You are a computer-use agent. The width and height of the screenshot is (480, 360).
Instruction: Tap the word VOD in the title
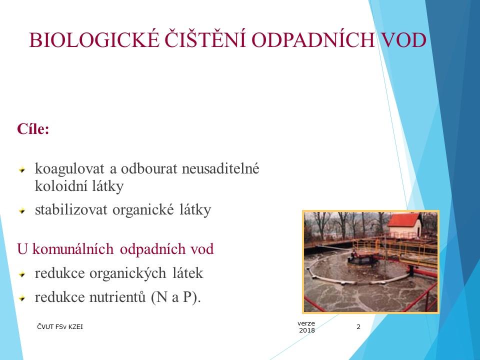(x=403, y=40)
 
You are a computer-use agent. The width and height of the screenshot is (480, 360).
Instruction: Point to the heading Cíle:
(x=33, y=129)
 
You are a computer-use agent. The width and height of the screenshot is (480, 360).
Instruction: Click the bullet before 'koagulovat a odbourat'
(x=22, y=169)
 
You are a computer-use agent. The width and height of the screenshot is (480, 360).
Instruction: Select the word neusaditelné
(x=220, y=168)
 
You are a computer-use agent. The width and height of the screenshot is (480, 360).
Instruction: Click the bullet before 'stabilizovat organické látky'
(x=22, y=210)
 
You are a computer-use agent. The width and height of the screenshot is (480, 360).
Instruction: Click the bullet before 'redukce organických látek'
(x=22, y=274)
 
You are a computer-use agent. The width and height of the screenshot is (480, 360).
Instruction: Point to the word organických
(x=128, y=273)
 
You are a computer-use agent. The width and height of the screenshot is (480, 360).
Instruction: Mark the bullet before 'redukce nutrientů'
(x=22, y=298)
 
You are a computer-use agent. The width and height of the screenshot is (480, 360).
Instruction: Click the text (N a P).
(x=175, y=297)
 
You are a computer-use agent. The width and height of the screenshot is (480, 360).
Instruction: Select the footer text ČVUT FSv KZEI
(x=60, y=326)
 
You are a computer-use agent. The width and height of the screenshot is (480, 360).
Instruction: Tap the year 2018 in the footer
(x=307, y=330)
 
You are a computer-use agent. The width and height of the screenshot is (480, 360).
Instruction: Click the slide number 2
(x=358, y=326)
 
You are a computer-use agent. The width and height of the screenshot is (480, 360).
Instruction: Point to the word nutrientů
(x=117, y=297)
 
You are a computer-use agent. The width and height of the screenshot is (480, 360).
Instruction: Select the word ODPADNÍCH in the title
(x=313, y=40)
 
